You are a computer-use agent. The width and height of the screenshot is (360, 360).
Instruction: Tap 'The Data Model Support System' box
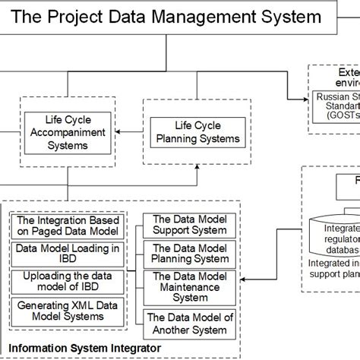click(x=191, y=224)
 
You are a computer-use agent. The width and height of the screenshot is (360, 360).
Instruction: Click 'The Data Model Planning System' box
click(x=191, y=253)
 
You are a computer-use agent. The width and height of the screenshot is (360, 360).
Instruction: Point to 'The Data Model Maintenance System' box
click(x=191, y=286)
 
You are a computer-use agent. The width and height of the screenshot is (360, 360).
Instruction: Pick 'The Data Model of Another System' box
click(x=191, y=324)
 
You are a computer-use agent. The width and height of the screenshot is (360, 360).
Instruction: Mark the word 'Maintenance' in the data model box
click(x=191, y=287)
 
